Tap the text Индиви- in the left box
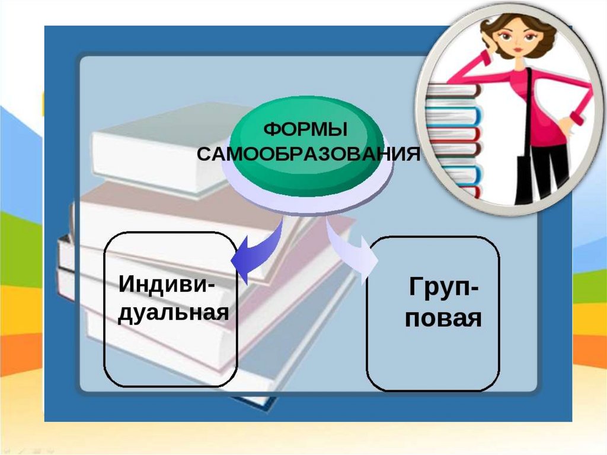(x=168, y=283)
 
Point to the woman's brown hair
(x=536, y=30)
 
